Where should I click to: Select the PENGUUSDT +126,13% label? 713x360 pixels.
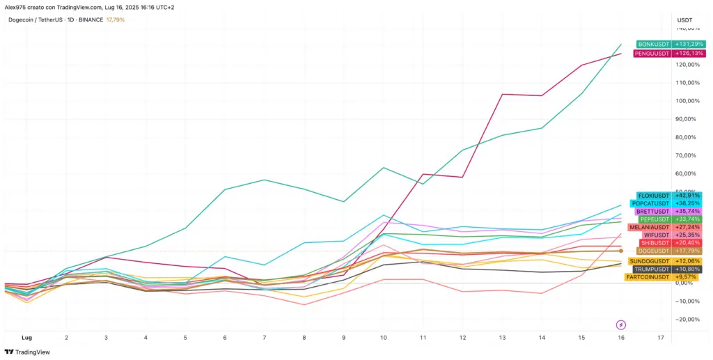tap(652, 53)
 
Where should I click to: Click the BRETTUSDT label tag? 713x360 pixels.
tap(652, 211)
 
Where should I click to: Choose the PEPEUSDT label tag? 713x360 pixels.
tap(655, 219)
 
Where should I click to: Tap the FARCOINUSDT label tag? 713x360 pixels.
tap(648, 277)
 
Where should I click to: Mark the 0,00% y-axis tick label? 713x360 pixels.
tap(687, 283)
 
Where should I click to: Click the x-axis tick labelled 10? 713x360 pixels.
tap(383, 337)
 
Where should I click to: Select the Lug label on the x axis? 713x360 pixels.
tap(27, 337)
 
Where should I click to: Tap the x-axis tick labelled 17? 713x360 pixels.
tap(661, 337)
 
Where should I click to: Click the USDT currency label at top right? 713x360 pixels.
tap(685, 20)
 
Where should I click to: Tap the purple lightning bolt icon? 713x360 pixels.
tap(621, 324)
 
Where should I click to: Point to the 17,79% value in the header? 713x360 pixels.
tap(114, 19)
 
